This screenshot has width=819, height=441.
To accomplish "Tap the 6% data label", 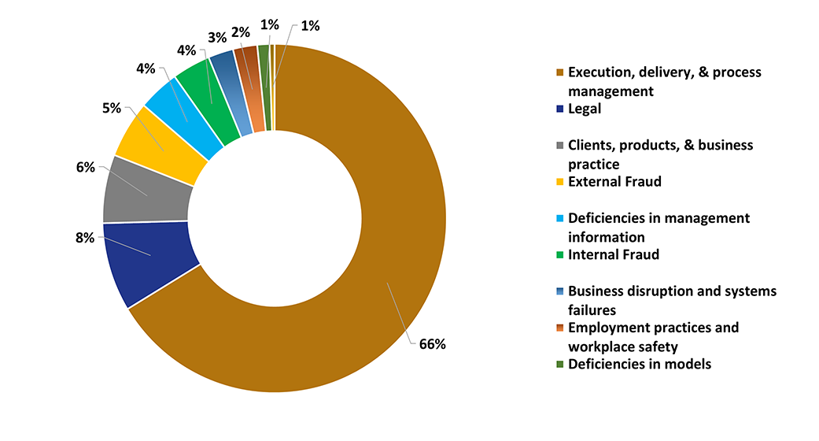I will point(85,167).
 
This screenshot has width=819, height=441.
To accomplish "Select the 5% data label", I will point(111,108).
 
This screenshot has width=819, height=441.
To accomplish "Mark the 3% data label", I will point(217,37).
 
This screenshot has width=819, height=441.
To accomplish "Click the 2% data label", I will point(241,32).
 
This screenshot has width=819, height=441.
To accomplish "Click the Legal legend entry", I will point(584,109).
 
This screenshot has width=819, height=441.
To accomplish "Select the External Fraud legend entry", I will point(614,181).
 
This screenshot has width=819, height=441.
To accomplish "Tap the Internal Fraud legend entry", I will point(613,254).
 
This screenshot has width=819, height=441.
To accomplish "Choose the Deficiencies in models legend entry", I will point(639,364).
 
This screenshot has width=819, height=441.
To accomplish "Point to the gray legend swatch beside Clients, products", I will point(559,146).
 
